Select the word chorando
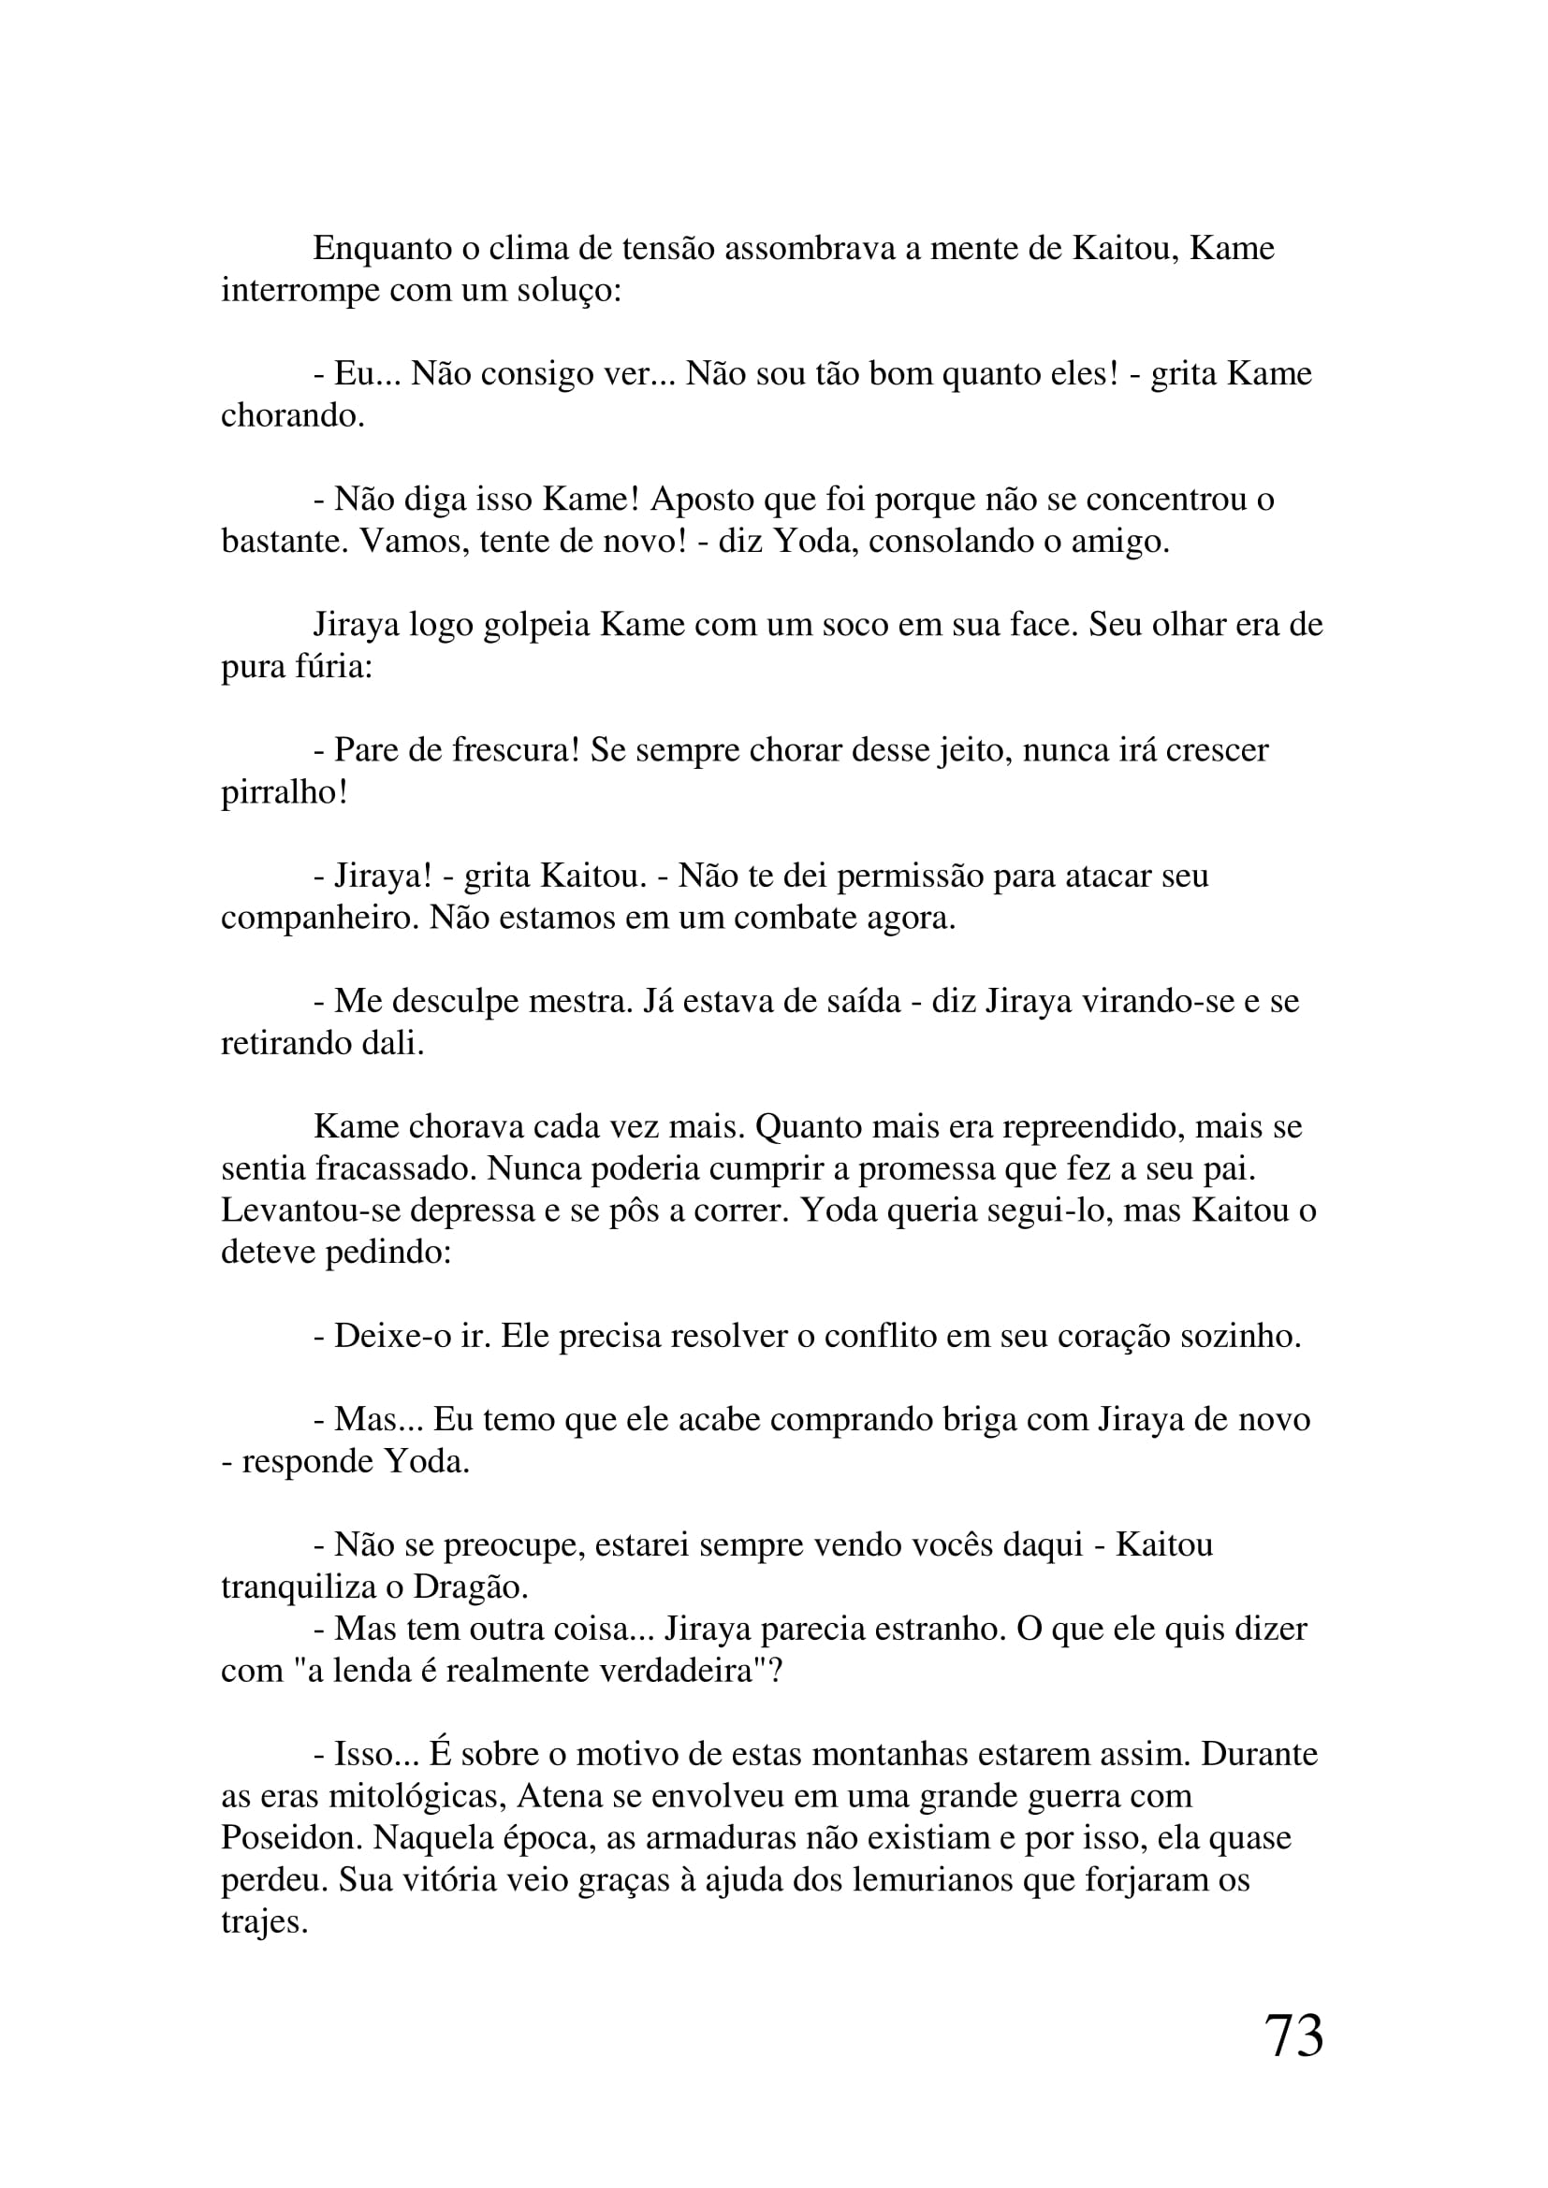[293, 415]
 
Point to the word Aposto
[704, 500]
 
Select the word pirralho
[285, 792]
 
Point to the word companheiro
[320, 918]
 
